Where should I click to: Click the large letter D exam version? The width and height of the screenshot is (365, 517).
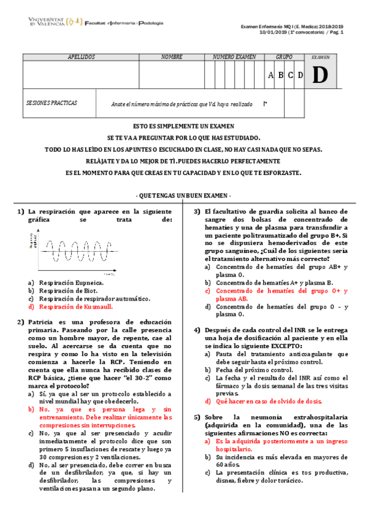(x=320, y=75)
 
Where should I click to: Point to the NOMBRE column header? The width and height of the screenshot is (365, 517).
(x=172, y=57)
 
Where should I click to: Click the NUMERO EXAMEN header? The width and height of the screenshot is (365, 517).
(x=235, y=57)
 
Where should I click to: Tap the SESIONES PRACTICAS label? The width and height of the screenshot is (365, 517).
(x=52, y=103)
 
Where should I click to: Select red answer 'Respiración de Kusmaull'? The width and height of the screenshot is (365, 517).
(x=76, y=307)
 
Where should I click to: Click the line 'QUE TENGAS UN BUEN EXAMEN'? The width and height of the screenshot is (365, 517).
(x=182, y=195)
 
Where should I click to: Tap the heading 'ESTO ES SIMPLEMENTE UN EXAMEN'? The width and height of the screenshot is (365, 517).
(x=182, y=126)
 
